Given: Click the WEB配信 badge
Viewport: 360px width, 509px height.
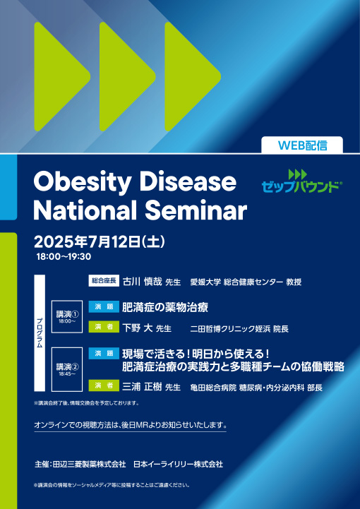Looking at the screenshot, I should tap(302, 145).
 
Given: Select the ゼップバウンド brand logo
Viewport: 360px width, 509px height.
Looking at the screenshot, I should tap(301, 181).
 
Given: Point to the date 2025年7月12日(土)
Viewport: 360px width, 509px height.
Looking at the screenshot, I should tap(99, 241).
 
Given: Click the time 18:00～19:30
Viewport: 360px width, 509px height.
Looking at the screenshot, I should tap(64, 257).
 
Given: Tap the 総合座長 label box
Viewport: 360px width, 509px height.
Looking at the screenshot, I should tap(103, 281).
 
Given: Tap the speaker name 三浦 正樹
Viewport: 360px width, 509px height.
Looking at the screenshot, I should tap(141, 385).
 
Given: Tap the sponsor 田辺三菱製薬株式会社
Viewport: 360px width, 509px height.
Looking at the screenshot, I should tap(90, 464).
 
